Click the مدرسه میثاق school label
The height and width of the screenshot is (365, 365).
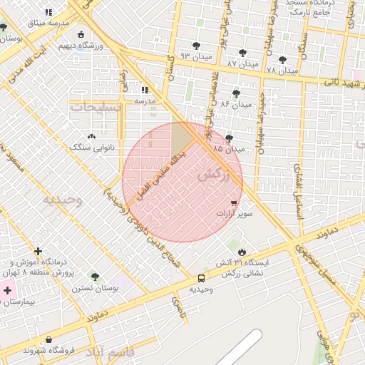coord(48,23)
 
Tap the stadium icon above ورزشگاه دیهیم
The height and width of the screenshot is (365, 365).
coord(81,34)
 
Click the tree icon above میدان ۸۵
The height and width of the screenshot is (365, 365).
coord(229,138)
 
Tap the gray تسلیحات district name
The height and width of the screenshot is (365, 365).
coord(98,107)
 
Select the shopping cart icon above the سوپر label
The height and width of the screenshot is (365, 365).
coord(234,203)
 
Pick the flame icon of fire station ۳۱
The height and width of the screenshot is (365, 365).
coord(242,252)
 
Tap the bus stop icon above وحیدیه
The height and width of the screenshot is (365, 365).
coord(201,278)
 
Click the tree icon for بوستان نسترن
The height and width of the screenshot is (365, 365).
coord(95,277)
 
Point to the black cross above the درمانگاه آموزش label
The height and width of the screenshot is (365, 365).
coord(38,251)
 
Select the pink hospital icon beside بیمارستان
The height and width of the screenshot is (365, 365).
coord(8,289)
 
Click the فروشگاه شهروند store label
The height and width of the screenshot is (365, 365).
coord(48,350)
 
